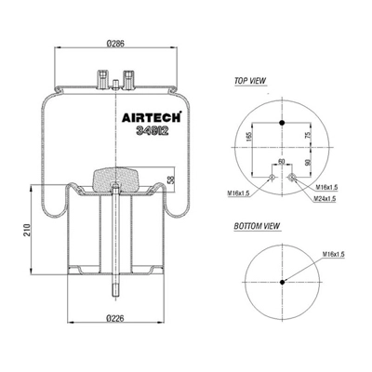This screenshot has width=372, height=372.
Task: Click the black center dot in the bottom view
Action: point(283,284)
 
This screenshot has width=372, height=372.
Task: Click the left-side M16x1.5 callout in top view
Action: point(242,192)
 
